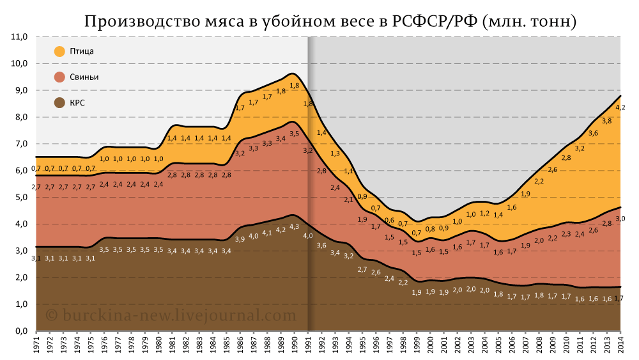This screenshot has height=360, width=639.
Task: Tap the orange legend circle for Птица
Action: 59,51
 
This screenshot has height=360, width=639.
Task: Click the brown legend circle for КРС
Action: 59,102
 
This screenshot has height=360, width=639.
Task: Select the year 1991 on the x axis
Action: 308,345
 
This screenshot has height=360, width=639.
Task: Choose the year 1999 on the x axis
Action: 417,345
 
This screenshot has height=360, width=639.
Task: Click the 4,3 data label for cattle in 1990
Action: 295,226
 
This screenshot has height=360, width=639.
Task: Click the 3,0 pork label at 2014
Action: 619,219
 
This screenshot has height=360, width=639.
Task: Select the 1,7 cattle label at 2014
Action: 619,299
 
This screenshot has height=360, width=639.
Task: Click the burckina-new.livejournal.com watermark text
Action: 171,315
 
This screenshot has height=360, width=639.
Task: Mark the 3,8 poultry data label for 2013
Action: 606,121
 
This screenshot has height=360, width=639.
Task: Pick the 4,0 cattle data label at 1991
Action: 308,236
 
